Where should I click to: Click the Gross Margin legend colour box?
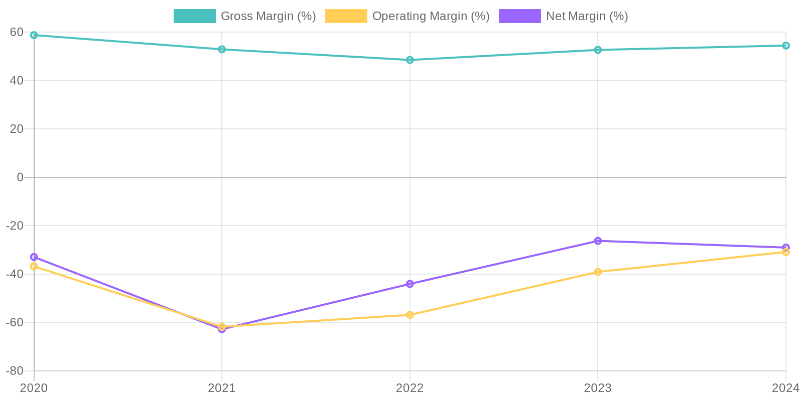click(x=194, y=16)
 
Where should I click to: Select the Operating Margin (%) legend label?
click(x=431, y=16)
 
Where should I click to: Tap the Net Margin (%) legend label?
click(x=587, y=16)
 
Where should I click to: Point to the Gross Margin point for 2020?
click(x=34, y=35)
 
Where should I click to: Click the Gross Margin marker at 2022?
click(x=410, y=60)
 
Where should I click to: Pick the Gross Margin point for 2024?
click(x=785, y=46)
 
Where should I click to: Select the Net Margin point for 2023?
click(x=598, y=241)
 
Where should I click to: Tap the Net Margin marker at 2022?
click(x=410, y=284)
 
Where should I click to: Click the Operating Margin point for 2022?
click(x=410, y=315)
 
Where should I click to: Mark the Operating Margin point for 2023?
click(x=598, y=272)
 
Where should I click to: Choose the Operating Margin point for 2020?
click(x=34, y=267)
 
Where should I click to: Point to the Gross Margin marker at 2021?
click(x=222, y=50)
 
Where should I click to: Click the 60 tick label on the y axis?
click(x=17, y=32)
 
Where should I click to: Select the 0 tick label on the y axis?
click(x=20, y=177)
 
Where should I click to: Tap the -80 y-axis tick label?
click(x=15, y=371)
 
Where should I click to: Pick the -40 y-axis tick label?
click(x=15, y=274)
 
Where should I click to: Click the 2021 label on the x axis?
click(x=222, y=388)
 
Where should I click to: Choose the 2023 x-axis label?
click(x=598, y=388)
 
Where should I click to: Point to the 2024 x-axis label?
click(x=785, y=388)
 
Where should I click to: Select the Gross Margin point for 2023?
click(x=598, y=50)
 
